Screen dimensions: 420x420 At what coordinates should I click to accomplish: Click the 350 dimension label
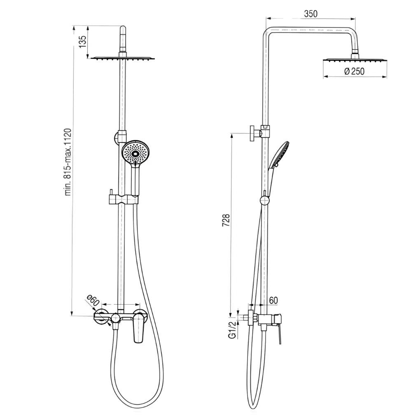pos(311,14)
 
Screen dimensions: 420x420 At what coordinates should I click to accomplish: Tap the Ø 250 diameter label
pos(355,71)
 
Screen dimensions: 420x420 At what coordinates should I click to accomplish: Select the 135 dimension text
pos(83,42)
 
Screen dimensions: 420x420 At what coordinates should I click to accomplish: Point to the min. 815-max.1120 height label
pos(68,162)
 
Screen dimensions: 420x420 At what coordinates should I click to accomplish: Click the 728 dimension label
pos(226,220)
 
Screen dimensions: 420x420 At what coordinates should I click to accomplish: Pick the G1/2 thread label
pos(233,330)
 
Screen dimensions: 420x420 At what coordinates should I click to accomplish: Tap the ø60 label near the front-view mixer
pos(93,301)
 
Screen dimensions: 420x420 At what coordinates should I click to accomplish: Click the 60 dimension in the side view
pos(273,301)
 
